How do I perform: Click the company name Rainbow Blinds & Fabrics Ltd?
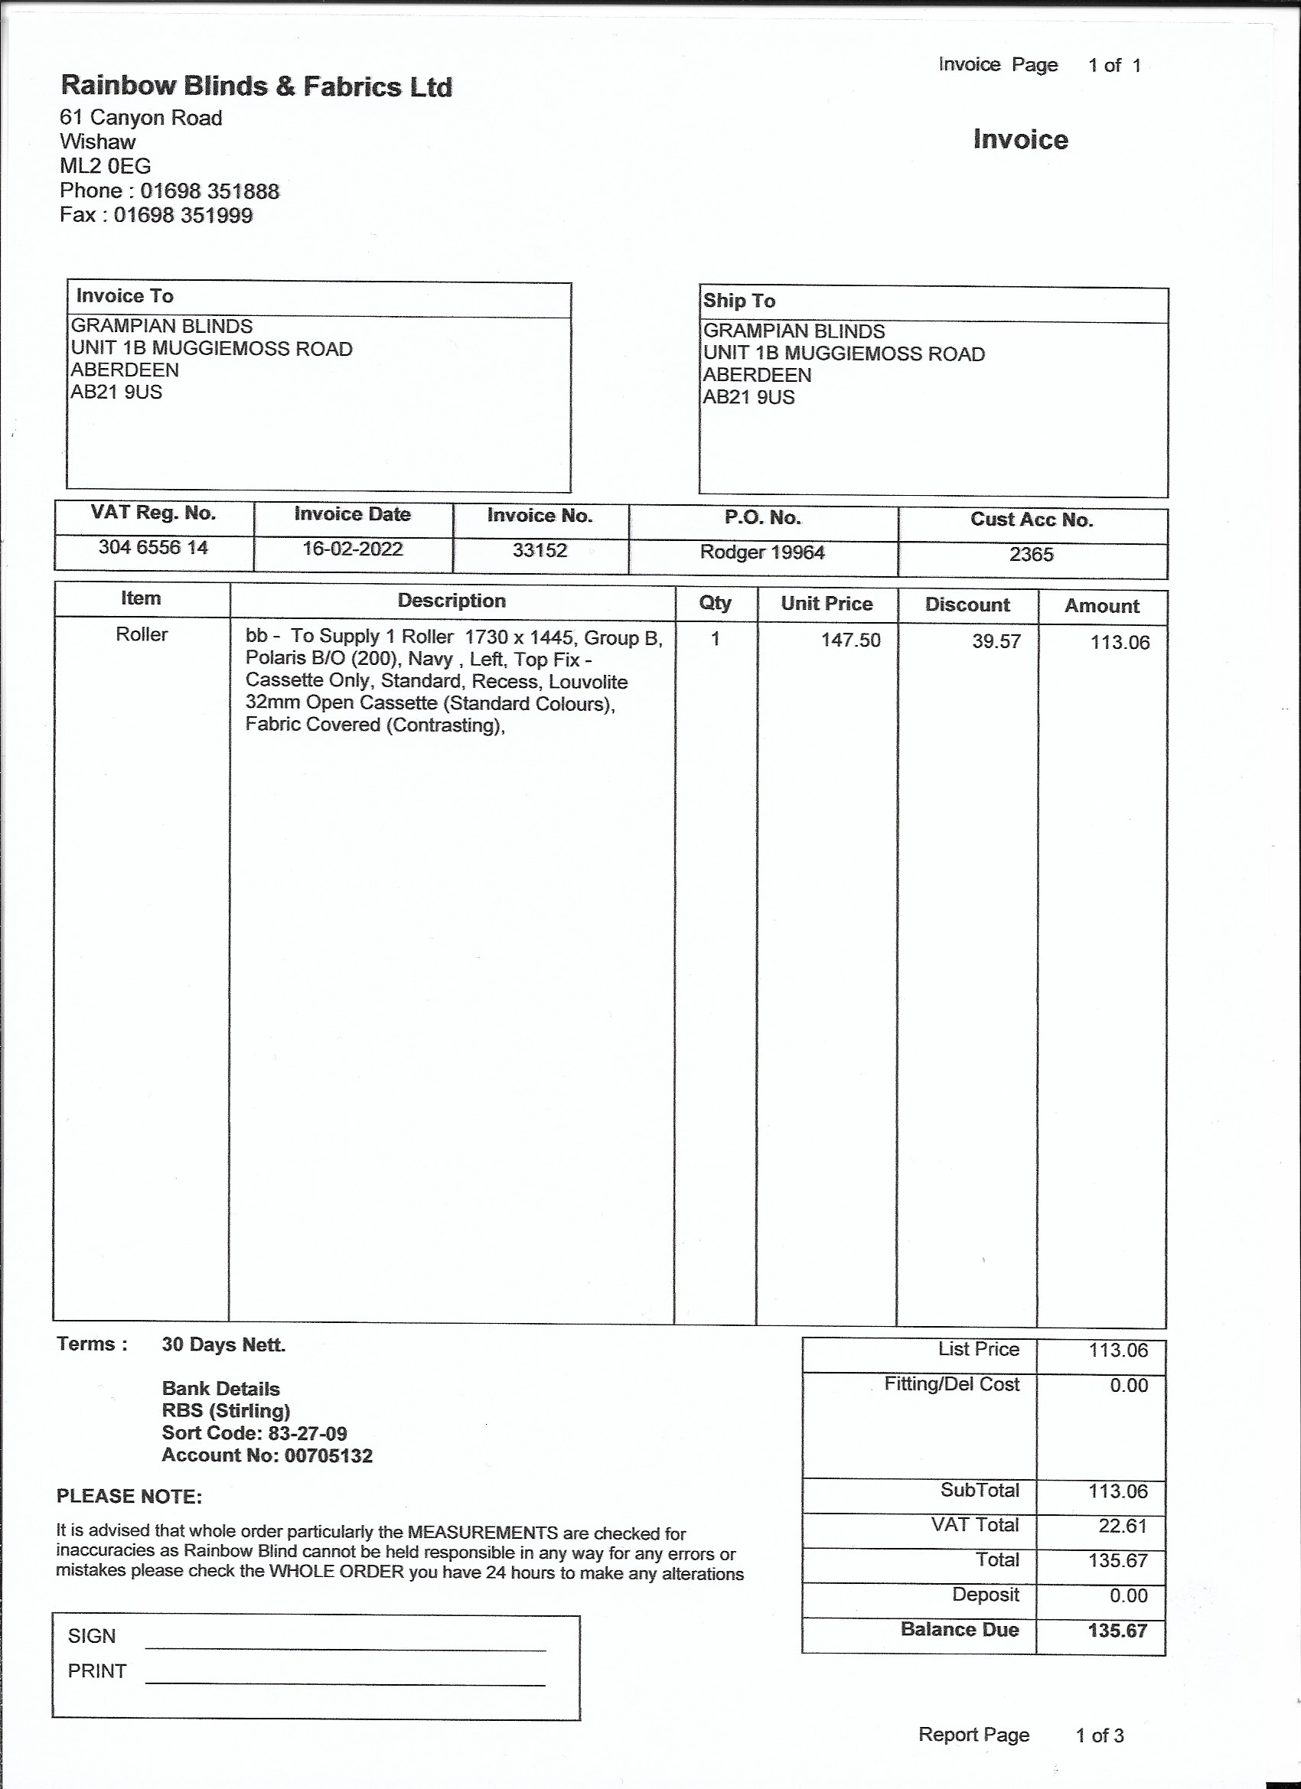256,86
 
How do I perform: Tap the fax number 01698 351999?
183,215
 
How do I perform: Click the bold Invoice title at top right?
1020,139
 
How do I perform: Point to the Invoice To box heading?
125,296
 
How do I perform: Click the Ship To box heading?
739,301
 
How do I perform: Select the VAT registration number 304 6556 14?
153,546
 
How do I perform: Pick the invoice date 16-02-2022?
353,548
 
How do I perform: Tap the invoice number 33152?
540,550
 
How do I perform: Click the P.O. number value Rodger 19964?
762,552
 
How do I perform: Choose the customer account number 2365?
1031,555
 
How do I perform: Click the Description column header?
452,600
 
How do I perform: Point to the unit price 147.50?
850,640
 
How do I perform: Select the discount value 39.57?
996,641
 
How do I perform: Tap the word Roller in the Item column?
142,634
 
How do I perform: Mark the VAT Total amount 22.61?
1122,1526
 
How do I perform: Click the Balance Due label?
960,1630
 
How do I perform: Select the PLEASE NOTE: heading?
129,1497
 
